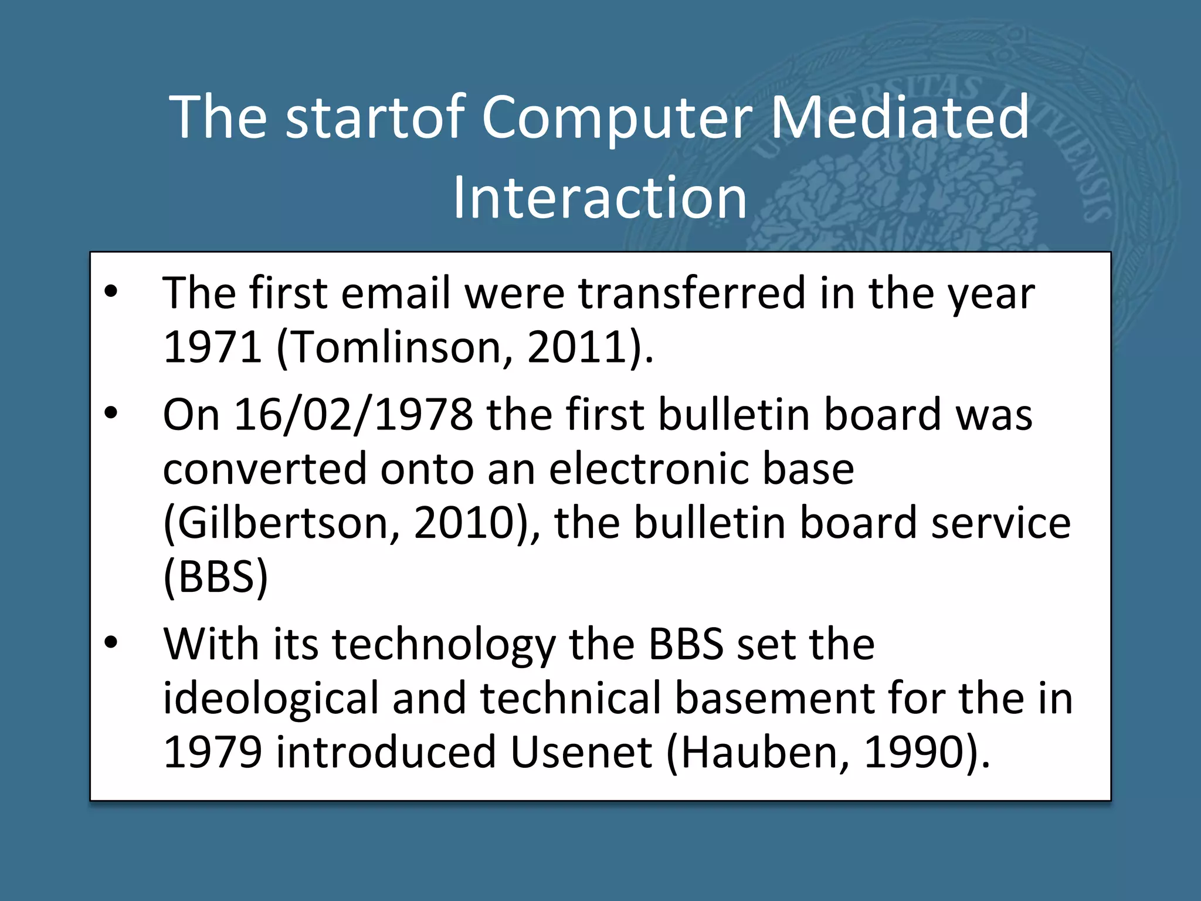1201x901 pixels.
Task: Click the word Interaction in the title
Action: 600,198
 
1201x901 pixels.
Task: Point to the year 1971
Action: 212,347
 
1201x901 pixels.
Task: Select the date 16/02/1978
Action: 353,415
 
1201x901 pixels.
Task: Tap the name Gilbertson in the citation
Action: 282,523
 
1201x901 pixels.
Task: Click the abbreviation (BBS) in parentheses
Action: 215,577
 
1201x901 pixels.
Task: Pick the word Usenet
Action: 581,752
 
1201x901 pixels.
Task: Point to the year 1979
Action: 212,752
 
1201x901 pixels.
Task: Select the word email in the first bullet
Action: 395,293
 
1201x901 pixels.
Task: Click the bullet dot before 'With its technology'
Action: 111,643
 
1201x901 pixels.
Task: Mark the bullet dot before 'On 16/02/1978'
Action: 111,414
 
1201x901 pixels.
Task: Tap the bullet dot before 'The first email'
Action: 111,292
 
